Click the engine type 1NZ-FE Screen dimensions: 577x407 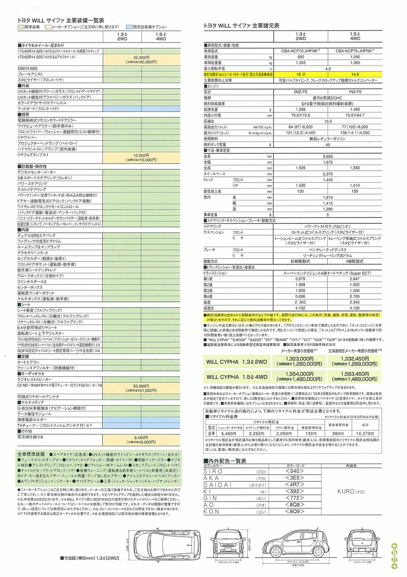click(355, 91)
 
